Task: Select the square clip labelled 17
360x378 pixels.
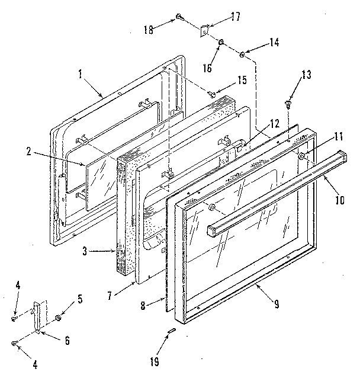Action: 204,30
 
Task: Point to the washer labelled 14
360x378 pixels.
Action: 243,55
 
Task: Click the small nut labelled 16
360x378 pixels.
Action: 220,43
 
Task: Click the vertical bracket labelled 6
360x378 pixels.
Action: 40,318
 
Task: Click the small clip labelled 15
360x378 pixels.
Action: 211,92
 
